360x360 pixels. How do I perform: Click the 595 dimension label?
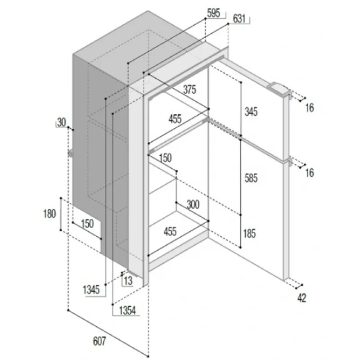click(x=213, y=13)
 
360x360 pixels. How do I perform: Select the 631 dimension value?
click(x=239, y=18)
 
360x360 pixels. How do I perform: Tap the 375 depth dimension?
click(x=189, y=89)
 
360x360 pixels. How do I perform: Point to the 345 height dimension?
click(x=251, y=112)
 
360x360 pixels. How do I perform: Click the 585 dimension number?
click(x=251, y=178)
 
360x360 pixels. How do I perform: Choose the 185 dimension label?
click(x=249, y=234)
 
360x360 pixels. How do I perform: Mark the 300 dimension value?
click(x=193, y=204)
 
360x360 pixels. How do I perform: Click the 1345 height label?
click(x=91, y=289)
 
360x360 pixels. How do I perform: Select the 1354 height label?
click(x=127, y=310)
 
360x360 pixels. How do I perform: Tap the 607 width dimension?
click(x=99, y=341)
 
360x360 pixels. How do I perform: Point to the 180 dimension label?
click(x=49, y=214)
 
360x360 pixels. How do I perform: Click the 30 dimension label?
click(x=61, y=122)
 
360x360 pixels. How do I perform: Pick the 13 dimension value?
click(x=128, y=280)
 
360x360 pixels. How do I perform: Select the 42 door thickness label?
click(x=302, y=298)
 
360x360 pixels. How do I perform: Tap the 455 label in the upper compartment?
click(x=175, y=119)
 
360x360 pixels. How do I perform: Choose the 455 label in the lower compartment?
click(x=170, y=231)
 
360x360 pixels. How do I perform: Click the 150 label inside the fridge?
click(x=165, y=158)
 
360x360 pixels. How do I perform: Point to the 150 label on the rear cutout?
click(x=87, y=224)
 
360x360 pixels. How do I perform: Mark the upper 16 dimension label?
click(x=310, y=108)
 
